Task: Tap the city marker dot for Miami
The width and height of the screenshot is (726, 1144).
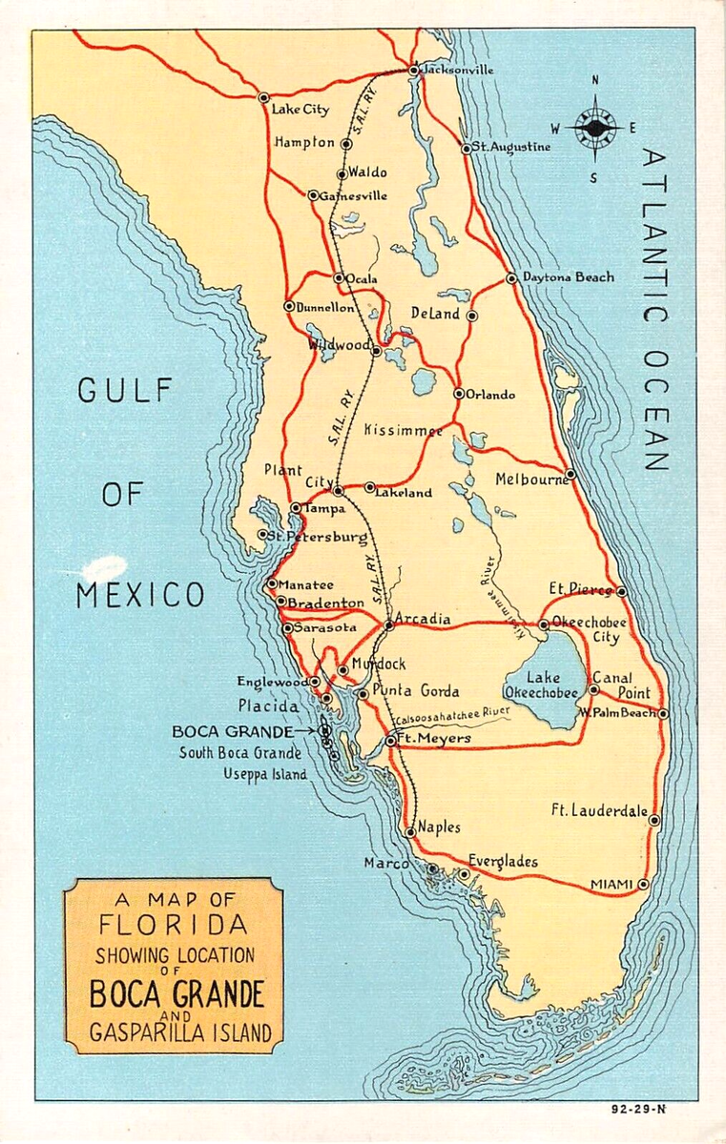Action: tap(643, 884)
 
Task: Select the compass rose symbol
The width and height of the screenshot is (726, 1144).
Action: tap(595, 128)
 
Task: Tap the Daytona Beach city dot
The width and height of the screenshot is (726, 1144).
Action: tap(511, 278)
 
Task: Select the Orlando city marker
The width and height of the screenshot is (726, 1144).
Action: tap(459, 393)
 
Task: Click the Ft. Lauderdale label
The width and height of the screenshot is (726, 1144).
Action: tap(597, 811)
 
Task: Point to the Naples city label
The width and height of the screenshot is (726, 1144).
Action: tap(439, 827)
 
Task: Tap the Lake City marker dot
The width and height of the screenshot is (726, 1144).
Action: tap(263, 97)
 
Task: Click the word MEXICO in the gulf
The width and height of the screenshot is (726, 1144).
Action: tap(139, 596)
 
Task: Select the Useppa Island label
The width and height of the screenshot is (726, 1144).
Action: tap(264, 774)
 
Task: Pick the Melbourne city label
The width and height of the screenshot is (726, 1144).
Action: tap(530, 480)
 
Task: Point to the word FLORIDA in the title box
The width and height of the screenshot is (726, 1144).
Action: tap(174, 924)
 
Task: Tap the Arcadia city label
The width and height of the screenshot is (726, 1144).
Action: tap(423, 619)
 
